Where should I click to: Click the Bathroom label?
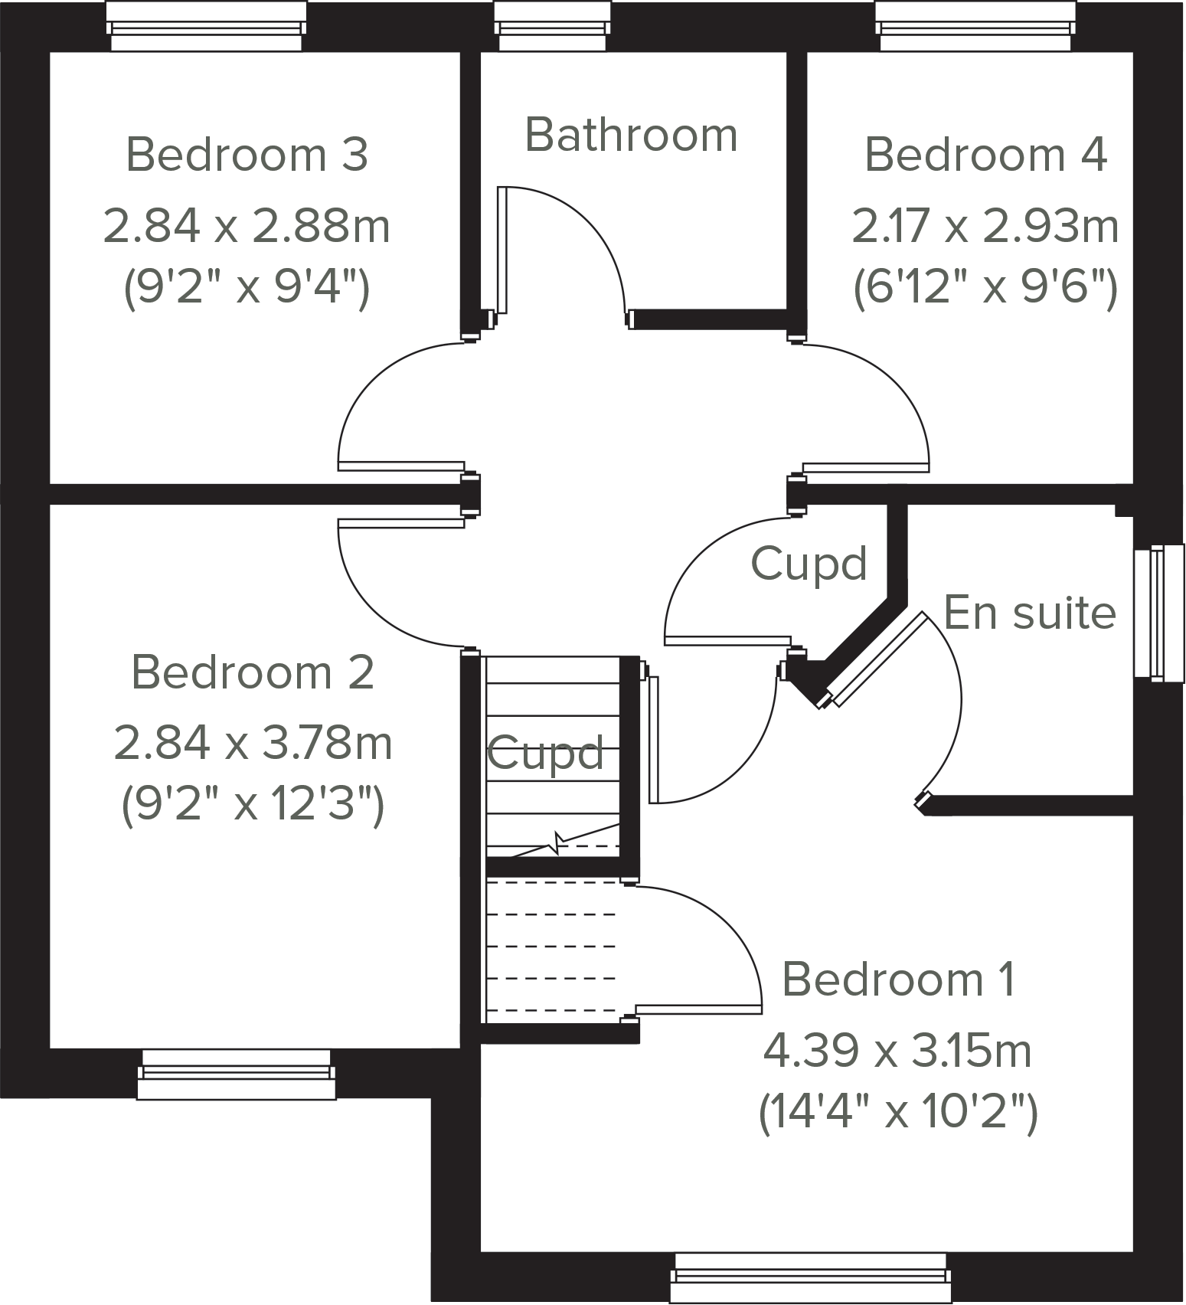[x=631, y=136]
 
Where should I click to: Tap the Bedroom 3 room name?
[x=247, y=155]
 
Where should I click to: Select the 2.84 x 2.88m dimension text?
[x=247, y=227]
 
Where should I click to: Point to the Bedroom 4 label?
[x=985, y=155]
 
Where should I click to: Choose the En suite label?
[x=1029, y=613]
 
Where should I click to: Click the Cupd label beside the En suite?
[x=809, y=564]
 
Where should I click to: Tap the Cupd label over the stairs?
[x=545, y=754]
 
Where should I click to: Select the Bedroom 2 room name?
[x=253, y=672]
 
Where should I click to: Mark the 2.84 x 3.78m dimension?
[x=253, y=744]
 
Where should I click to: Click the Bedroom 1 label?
[x=899, y=980]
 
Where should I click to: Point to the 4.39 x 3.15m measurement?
[x=897, y=1051]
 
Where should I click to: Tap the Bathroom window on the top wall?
[x=554, y=26]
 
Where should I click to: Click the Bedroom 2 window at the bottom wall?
[x=237, y=1074]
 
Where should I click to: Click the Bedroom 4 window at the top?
[x=975, y=26]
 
